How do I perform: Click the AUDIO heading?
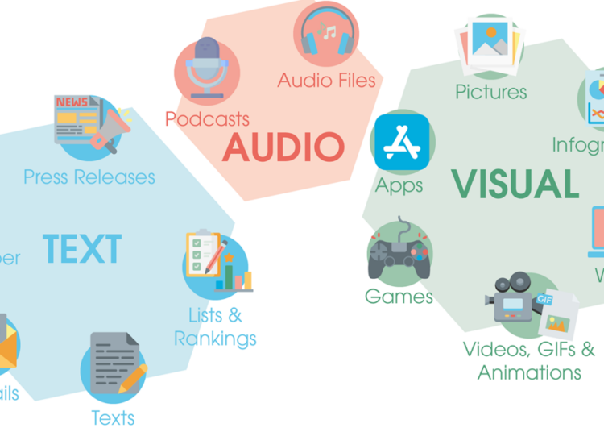283,147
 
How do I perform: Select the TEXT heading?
82,249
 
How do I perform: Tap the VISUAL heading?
515,184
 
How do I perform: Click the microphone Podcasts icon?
207,69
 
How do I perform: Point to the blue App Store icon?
402,143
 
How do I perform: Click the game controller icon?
399,252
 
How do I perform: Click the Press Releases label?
89,177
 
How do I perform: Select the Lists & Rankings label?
215,326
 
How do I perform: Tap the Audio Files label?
327,80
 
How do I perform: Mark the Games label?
399,297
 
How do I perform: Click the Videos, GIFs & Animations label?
529,360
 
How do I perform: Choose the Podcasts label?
207,119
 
